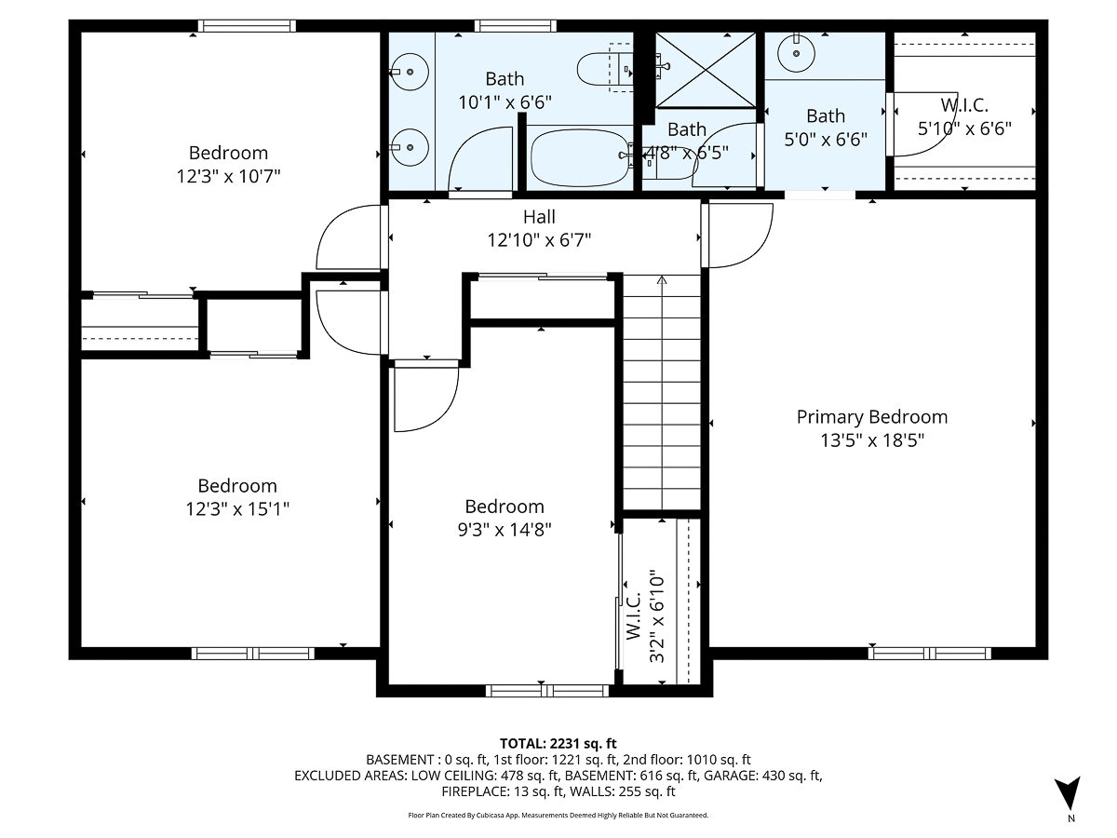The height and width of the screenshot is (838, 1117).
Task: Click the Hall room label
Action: point(539,217)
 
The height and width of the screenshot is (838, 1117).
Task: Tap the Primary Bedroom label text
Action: point(871,417)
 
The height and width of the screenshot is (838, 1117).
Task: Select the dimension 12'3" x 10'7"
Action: point(228,175)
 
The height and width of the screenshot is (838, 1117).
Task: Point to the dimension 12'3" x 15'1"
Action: point(236,508)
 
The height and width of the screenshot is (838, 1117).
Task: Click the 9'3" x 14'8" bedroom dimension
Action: point(504,530)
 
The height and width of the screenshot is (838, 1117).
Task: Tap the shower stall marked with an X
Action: point(706,70)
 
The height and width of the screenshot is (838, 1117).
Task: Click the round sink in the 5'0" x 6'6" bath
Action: point(798,53)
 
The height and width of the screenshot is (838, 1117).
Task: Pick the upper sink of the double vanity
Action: point(405,70)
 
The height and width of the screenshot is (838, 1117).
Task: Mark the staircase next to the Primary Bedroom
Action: point(661,391)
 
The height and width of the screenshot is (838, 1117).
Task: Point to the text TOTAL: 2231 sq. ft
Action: point(558,743)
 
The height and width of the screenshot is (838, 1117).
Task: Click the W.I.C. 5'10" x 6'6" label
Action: point(964,118)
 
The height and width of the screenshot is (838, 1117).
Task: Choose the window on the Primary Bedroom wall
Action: point(929,653)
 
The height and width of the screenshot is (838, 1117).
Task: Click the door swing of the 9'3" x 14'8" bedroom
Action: point(426,399)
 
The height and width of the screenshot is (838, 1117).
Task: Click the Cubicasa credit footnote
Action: point(558,815)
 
